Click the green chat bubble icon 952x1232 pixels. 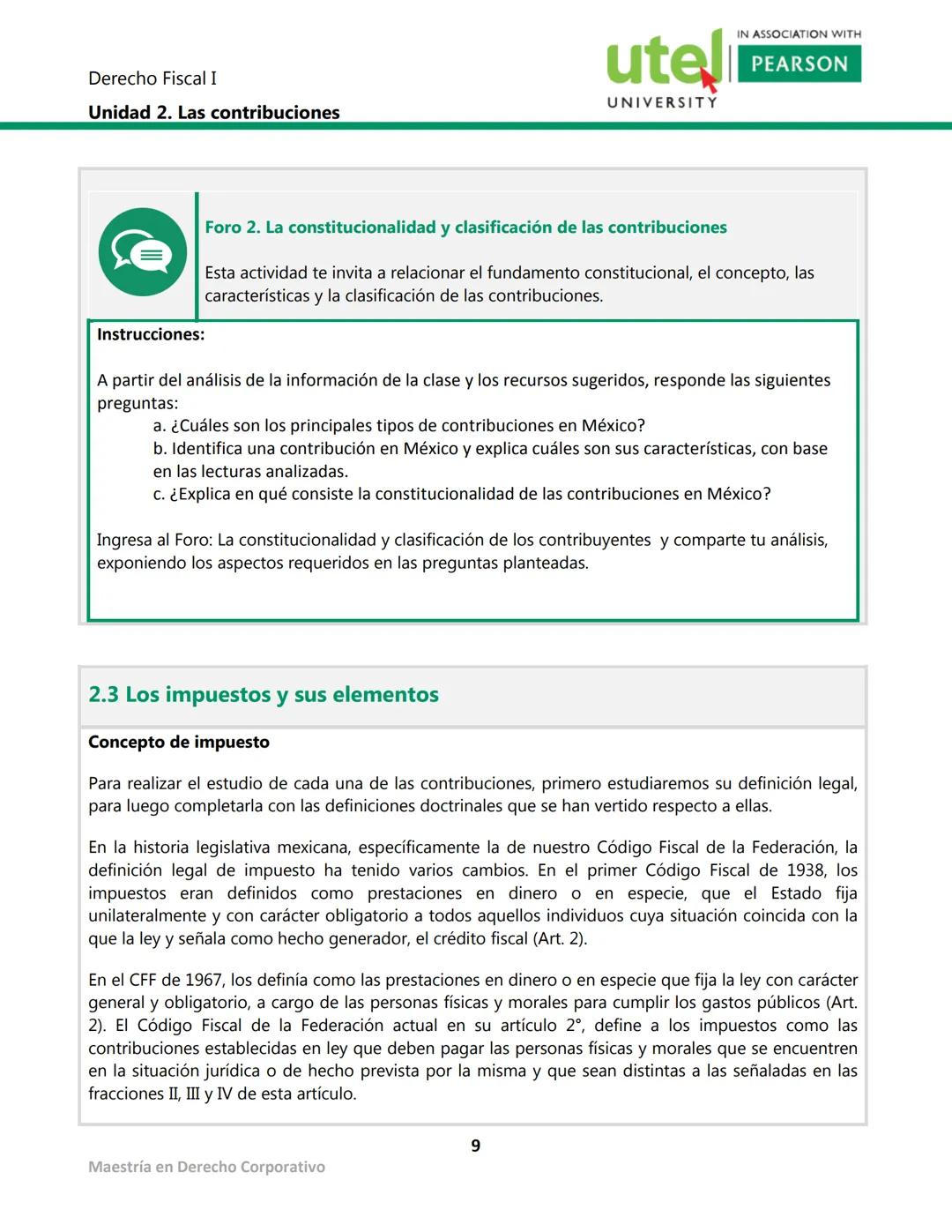point(143,252)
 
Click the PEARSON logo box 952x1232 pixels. point(799,63)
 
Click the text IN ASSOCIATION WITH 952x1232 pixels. point(799,34)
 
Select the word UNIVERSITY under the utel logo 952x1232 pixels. point(662,102)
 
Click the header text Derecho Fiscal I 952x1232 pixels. point(152,78)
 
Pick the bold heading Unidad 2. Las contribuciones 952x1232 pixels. point(213,113)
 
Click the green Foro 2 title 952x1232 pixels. point(465,228)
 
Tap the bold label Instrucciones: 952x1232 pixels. point(150,335)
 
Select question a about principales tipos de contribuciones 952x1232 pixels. point(398,426)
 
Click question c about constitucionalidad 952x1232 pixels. point(462,495)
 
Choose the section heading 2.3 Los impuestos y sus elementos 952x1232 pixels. point(263,695)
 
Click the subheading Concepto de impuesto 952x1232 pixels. point(178,743)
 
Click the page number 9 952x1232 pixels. point(475,1146)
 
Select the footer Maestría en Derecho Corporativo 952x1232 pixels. point(206,1168)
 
